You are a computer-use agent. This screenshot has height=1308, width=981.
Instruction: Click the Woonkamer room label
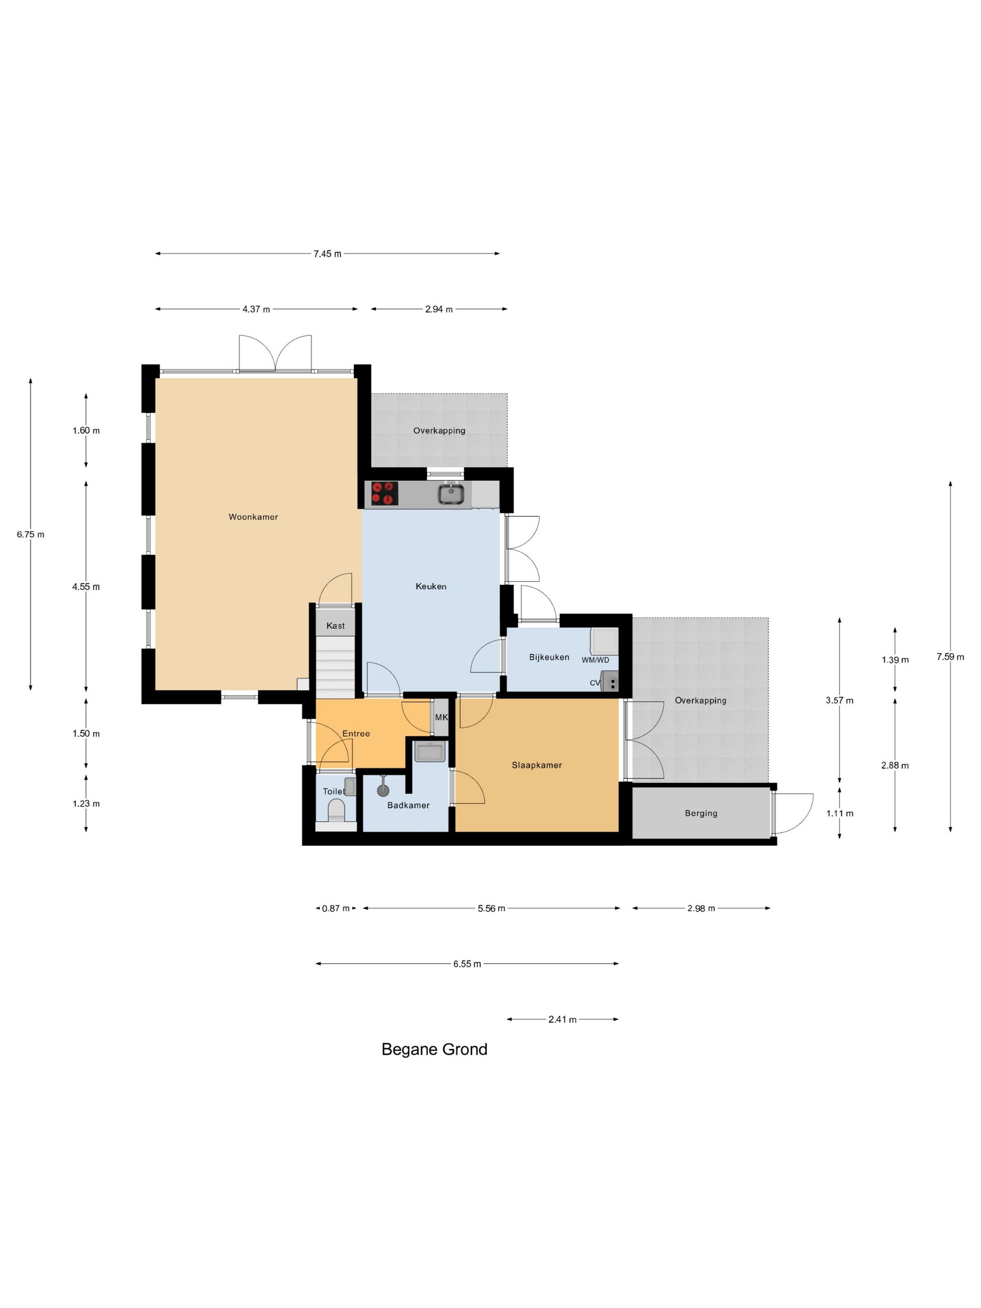click(253, 517)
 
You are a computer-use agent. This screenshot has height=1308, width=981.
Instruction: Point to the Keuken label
click(431, 587)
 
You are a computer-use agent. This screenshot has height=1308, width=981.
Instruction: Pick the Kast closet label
click(335, 626)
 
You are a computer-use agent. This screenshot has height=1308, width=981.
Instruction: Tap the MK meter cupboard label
click(441, 717)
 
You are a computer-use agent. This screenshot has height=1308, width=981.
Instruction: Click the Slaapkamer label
click(536, 765)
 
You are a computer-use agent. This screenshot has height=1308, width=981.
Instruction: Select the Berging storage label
click(701, 813)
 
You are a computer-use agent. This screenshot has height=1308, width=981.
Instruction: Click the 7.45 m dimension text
click(327, 254)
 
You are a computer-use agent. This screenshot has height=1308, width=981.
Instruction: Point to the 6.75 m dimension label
click(30, 534)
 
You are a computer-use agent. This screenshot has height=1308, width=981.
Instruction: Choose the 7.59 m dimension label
click(950, 656)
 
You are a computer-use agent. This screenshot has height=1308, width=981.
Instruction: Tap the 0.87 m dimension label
click(335, 908)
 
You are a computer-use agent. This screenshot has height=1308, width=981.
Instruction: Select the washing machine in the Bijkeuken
click(604, 641)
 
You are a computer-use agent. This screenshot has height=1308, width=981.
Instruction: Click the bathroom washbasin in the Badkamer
click(429, 752)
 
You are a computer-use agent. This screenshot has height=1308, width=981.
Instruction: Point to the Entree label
click(356, 734)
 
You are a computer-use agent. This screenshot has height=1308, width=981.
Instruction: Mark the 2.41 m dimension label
click(562, 1019)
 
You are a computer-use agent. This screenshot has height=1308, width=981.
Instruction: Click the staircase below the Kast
click(335, 666)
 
